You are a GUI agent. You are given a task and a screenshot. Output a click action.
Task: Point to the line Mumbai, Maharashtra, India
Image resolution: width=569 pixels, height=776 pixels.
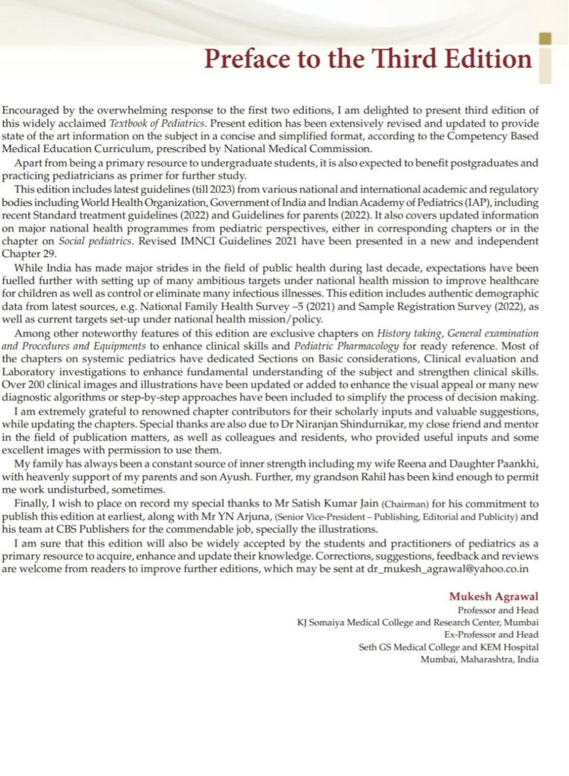click(x=479, y=659)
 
